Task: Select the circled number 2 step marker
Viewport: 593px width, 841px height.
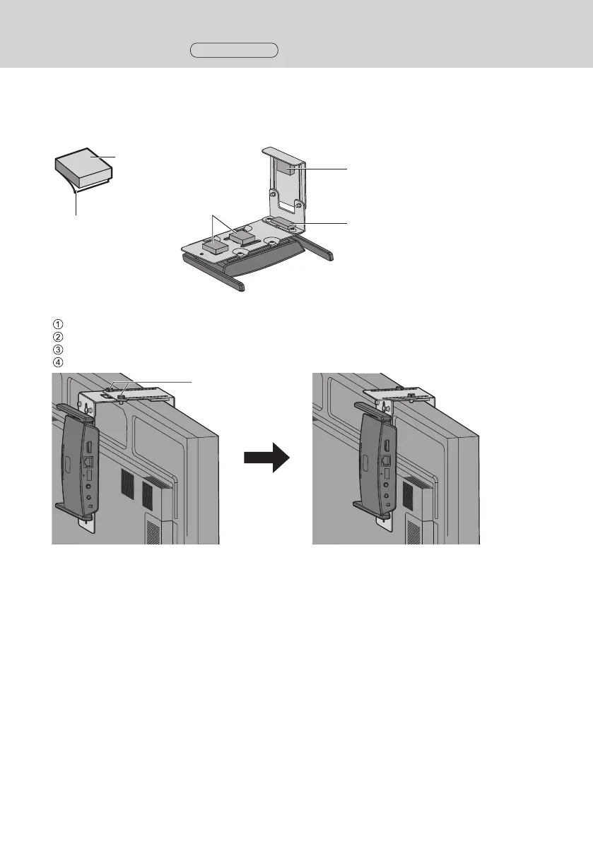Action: point(59,337)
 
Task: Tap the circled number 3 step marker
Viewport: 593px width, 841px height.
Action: point(59,349)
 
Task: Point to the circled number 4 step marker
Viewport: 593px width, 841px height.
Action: point(59,361)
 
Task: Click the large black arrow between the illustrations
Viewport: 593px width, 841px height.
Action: point(266,458)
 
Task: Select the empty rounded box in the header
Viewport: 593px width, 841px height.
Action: point(234,49)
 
